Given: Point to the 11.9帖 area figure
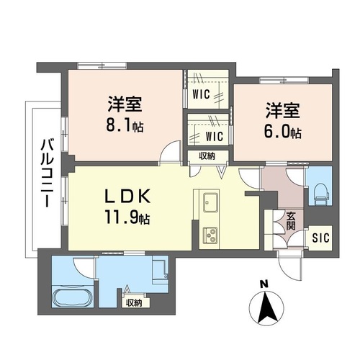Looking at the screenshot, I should pyautogui.click(x=130, y=216).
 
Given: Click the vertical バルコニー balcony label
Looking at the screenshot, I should pyautogui.click(x=45, y=173).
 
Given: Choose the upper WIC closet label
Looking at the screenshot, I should pyautogui.click(x=202, y=93).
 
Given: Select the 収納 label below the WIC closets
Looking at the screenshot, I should pyautogui.click(x=207, y=155).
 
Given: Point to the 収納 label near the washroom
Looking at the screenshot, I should pyautogui.click(x=134, y=302).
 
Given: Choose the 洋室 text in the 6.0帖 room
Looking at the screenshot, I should pyautogui.click(x=282, y=112).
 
